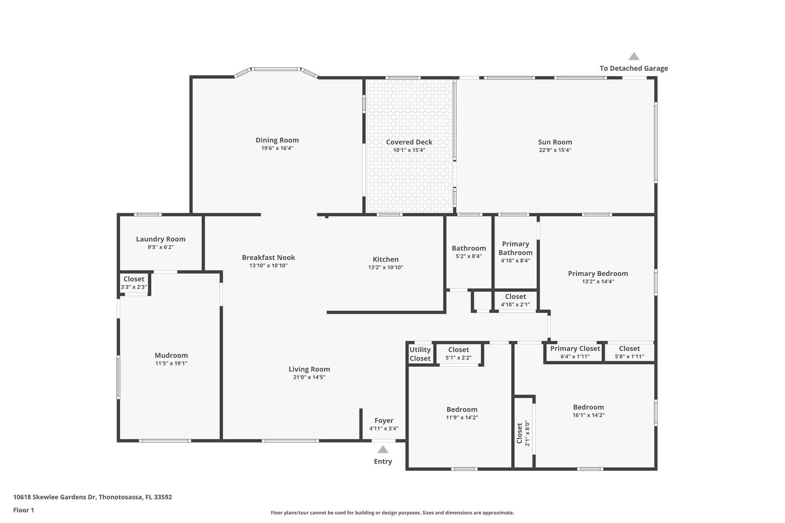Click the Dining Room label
pyautogui.click(x=277, y=140)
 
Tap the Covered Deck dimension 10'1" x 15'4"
pyautogui.click(x=409, y=150)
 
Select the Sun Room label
pyautogui.click(x=555, y=142)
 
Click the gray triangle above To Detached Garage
pyautogui.click(x=634, y=57)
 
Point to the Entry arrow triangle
pyautogui.click(x=383, y=449)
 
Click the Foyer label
pyautogui.click(x=384, y=421)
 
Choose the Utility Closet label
pyautogui.click(x=420, y=354)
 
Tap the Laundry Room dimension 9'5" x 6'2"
pyautogui.click(x=161, y=248)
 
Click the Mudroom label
pyautogui.click(x=171, y=356)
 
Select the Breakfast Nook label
pyautogui.click(x=268, y=257)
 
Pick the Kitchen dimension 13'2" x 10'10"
pyautogui.click(x=386, y=267)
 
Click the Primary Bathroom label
pyautogui.click(x=515, y=248)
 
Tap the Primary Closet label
pyautogui.click(x=575, y=349)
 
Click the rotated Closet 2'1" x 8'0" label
pyautogui.click(x=523, y=433)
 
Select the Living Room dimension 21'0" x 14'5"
pyautogui.click(x=309, y=377)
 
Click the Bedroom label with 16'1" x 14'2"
pyautogui.click(x=588, y=407)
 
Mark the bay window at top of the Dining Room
pyautogui.click(x=276, y=69)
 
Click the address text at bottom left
pyautogui.click(x=92, y=497)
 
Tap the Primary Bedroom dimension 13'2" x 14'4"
pyautogui.click(x=598, y=282)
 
